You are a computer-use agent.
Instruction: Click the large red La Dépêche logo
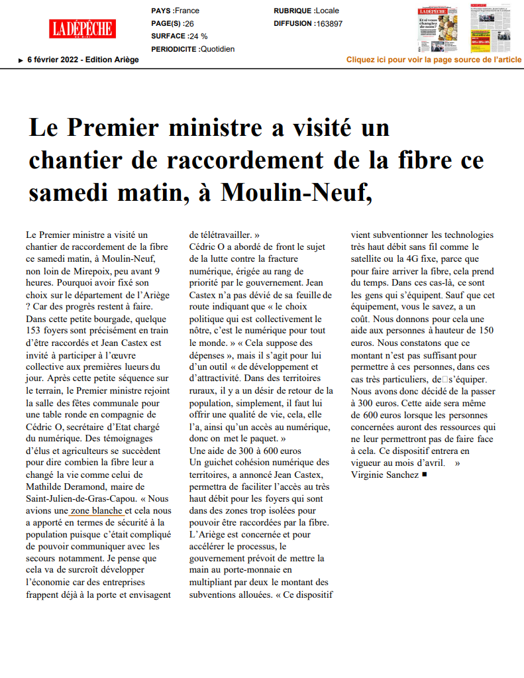[x=82, y=28]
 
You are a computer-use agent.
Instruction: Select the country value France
[x=187, y=11]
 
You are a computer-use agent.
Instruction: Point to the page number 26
[x=189, y=23]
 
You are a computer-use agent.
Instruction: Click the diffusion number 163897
[x=329, y=23]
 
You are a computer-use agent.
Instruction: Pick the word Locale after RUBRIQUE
[x=327, y=11]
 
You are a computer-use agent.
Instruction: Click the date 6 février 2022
[x=55, y=60]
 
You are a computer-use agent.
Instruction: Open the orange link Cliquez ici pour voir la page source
[x=434, y=60]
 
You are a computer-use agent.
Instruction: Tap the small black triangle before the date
[x=21, y=60]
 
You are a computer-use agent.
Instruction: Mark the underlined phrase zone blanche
[x=97, y=510]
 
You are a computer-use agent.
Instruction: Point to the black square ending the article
[x=425, y=475]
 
